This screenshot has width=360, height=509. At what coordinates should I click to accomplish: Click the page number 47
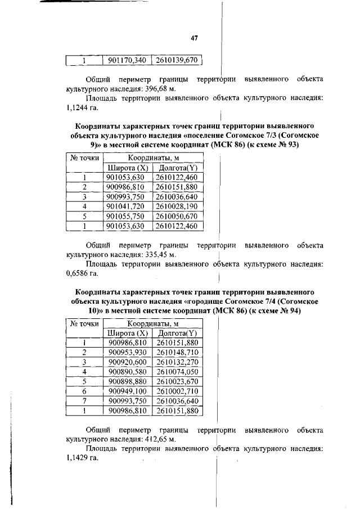[x=195, y=38]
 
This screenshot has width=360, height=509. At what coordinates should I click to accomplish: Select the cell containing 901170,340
[x=127, y=60]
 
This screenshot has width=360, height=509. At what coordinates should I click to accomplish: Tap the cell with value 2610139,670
[x=177, y=60]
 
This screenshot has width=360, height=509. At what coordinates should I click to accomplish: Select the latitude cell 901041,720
[x=127, y=206]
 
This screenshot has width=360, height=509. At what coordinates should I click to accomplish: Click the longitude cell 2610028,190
[x=177, y=206]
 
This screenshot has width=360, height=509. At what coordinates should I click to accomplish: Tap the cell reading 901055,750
[x=127, y=216]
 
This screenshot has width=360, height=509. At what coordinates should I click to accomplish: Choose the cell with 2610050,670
[x=177, y=216]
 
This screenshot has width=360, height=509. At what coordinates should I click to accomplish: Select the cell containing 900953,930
[x=127, y=352]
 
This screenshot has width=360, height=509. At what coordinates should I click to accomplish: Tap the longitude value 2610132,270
[x=178, y=362]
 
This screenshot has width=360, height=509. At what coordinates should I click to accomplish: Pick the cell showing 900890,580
[x=127, y=372]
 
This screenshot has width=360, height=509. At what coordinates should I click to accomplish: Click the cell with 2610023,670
[x=178, y=381]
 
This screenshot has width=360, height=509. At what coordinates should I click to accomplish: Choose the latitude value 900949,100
[x=127, y=391]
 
